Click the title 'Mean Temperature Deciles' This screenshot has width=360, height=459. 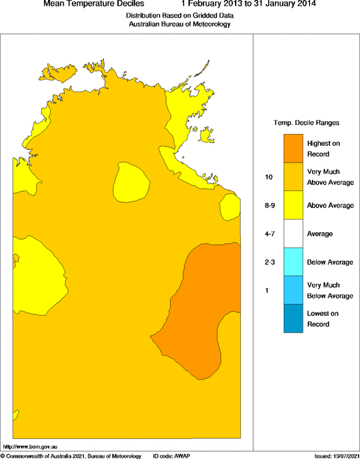click(x=94, y=4)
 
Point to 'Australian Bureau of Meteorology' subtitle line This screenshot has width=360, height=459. click(x=180, y=24)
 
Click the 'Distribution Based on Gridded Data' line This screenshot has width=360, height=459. click(x=180, y=15)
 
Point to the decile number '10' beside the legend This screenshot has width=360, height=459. click(x=269, y=177)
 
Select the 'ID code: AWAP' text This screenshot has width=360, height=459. click(x=172, y=455)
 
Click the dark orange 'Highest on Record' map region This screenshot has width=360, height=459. click(x=209, y=300)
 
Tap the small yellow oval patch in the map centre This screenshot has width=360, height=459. click(x=130, y=183)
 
